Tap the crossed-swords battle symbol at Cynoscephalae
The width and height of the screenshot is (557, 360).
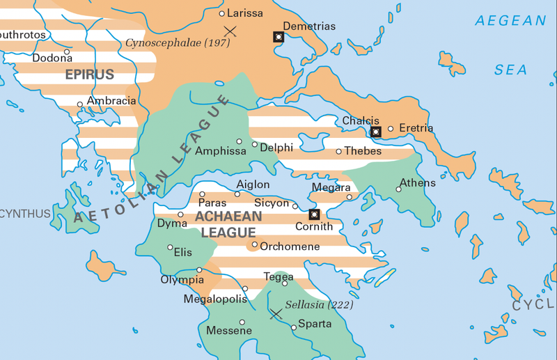[230, 31]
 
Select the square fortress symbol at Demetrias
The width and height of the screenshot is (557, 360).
[278, 36]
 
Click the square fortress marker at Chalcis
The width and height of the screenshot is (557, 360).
[376, 131]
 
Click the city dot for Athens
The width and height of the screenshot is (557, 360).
[399, 189]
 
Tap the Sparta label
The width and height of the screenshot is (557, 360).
[315, 324]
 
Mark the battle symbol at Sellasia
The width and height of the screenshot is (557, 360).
[276, 314]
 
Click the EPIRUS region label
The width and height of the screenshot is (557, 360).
[89, 74]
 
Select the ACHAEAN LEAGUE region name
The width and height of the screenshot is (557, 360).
[228, 224]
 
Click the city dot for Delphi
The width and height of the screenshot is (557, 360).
[255, 145]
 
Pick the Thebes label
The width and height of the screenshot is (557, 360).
[363, 151]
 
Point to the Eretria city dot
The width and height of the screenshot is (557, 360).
[391, 128]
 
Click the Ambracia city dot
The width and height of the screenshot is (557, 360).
[80, 104]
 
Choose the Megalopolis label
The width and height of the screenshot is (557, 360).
[215, 299]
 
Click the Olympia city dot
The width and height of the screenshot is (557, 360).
[199, 270]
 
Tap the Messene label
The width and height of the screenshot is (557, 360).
[228, 331]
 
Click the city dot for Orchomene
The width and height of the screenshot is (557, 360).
[255, 244]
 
